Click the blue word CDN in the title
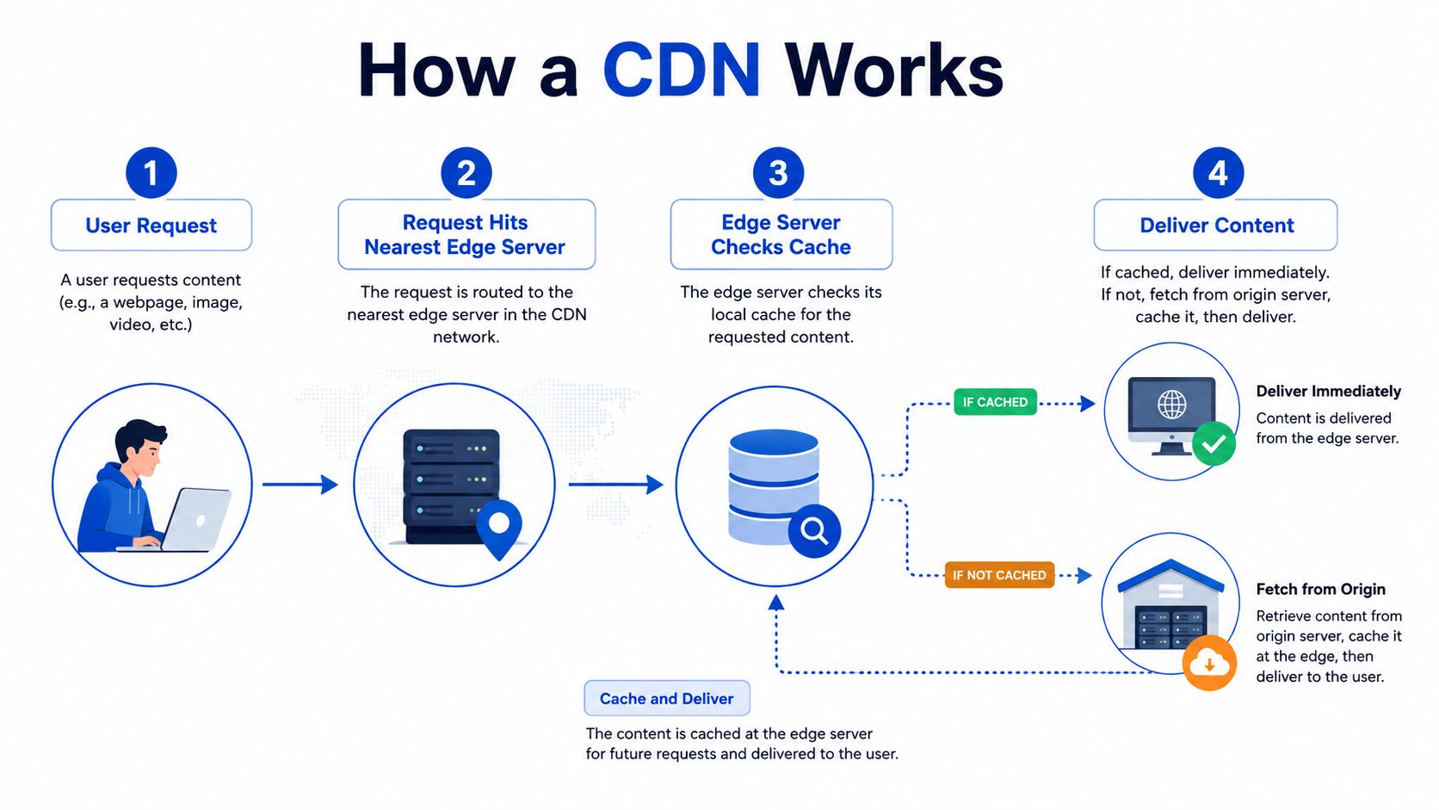pyautogui.click(x=682, y=70)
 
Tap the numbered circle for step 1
pyautogui.click(x=151, y=173)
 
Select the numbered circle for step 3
pyautogui.click(x=778, y=173)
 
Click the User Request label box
pyautogui.click(x=151, y=225)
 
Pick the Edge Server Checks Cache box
pyautogui.click(x=781, y=234)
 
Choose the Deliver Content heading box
pyautogui.click(x=1215, y=225)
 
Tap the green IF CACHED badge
pyautogui.click(x=995, y=402)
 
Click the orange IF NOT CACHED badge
pyautogui.click(x=999, y=575)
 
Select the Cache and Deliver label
pyautogui.click(x=667, y=698)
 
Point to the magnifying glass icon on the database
pyautogui.click(x=814, y=531)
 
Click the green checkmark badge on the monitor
pyautogui.click(x=1214, y=444)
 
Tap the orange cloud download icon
pyautogui.click(x=1210, y=663)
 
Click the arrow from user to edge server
pyautogui.click(x=300, y=485)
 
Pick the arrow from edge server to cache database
pyautogui.click(x=616, y=485)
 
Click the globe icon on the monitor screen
pyautogui.click(x=1171, y=404)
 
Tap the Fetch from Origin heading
pyautogui.click(x=1320, y=589)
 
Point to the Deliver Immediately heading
pyautogui.click(x=1329, y=391)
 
